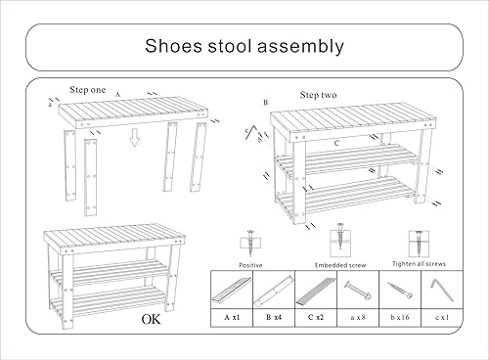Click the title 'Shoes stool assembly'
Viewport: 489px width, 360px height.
pos(244,45)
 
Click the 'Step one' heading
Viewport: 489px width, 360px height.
pos(88,89)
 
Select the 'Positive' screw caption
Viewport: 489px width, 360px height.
pos(251,264)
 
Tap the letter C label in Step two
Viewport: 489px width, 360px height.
pos(335,143)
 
